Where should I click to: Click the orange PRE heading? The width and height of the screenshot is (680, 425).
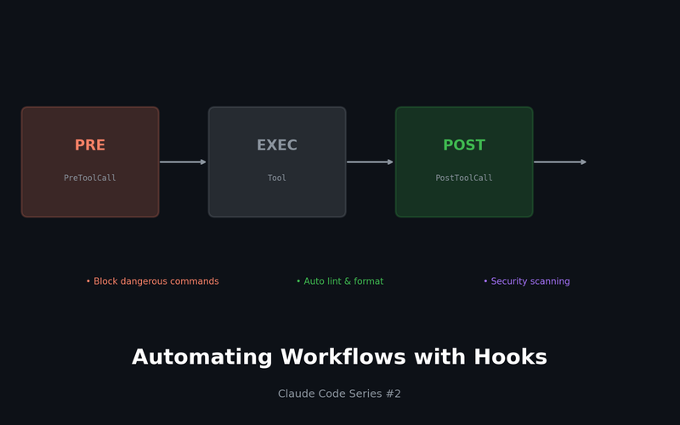(90, 144)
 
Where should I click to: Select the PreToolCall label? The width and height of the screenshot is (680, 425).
(90, 178)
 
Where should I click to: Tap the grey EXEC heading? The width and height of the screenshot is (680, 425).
(277, 144)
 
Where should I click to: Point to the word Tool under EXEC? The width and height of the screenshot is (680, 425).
(277, 178)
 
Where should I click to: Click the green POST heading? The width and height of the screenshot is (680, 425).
(464, 144)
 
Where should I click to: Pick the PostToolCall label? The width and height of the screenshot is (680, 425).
(464, 178)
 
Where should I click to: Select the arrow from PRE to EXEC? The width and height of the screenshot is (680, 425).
(183, 162)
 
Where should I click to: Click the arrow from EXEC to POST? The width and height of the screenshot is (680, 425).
(370, 162)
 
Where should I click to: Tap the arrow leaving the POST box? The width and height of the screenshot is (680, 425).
(560, 162)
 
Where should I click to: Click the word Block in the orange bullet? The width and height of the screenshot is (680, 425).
(105, 281)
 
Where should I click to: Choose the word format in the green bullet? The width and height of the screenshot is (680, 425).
(369, 281)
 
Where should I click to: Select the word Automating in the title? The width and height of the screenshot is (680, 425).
(202, 357)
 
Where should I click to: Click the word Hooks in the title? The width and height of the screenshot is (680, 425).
(511, 356)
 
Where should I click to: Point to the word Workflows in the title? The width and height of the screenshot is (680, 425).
(343, 356)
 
